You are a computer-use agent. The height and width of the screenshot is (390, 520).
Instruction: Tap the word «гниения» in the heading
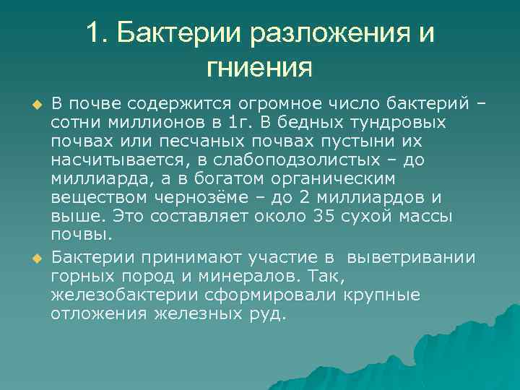(x=259, y=69)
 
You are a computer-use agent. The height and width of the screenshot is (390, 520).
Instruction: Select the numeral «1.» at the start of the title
(x=97, y=34)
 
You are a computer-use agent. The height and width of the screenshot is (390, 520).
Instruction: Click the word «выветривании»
(x=412, y=257)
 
